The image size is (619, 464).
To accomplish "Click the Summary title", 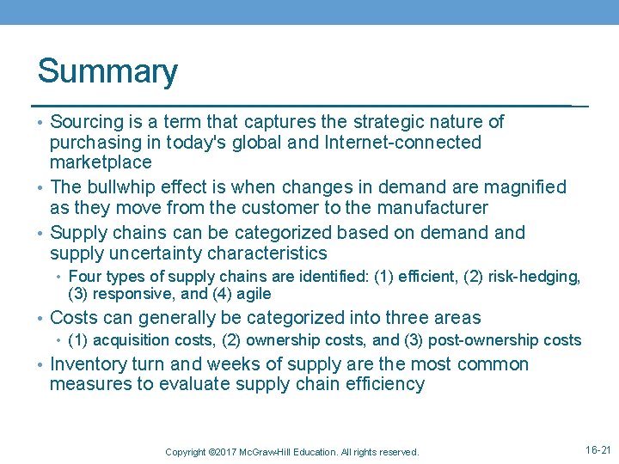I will (107, 71).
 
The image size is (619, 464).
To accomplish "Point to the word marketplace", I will (101, 162).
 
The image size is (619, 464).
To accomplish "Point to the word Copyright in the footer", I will (185, 452).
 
